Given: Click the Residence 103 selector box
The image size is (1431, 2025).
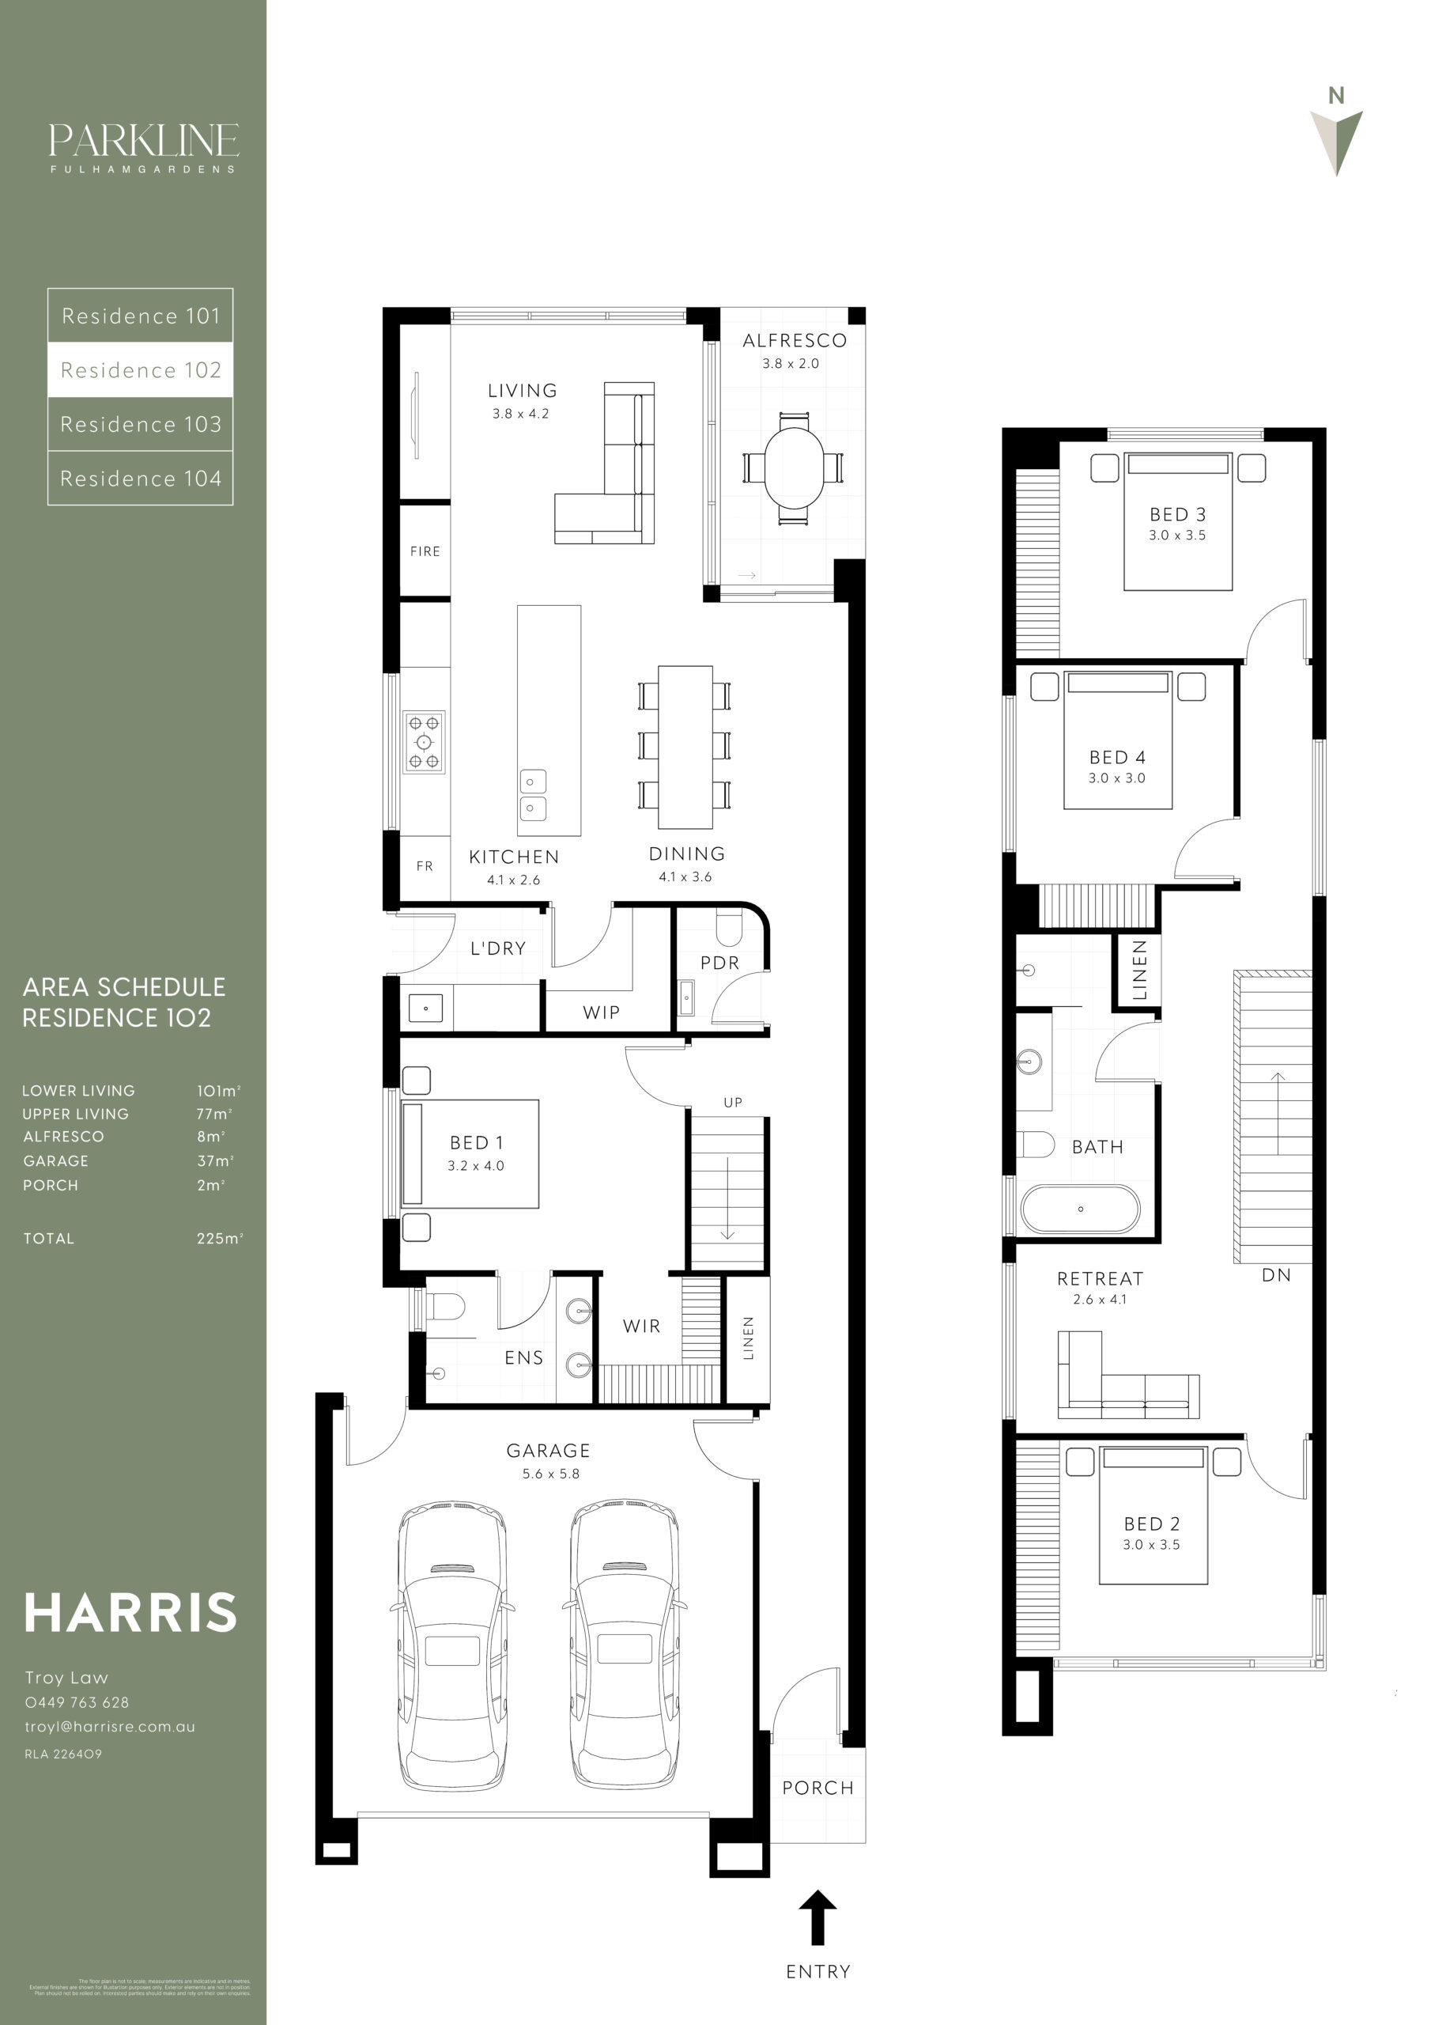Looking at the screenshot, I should tap(140, 424).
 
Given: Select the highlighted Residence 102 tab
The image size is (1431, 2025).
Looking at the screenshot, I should tap(140, 369).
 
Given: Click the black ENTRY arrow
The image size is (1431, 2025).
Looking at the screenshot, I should tap(817, 1917).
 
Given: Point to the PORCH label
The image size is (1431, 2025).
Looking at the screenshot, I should tap(817, 1788).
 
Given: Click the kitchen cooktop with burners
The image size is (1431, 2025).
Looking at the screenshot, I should tap(424, 742).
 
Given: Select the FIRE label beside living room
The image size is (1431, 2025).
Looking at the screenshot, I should tap(425, 551).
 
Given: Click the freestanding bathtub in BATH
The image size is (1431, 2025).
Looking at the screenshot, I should tap(1080, 1209).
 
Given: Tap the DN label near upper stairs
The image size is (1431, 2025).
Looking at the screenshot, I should tap(1276, 1275).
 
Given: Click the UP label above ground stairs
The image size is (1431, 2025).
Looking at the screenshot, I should tap(733, 1103).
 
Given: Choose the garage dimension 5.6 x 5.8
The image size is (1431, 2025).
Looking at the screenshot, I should tap(550, 1474).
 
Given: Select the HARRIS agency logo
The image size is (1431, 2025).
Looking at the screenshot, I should tap(130, 1613).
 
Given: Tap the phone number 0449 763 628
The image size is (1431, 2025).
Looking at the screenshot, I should tap(77, 1702).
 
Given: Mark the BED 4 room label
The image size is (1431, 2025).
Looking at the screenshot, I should tap(1117, 758).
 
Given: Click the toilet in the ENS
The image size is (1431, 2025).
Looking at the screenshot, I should tap(444, 1307).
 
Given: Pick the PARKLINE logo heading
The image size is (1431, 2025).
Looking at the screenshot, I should tap(143, 141).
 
